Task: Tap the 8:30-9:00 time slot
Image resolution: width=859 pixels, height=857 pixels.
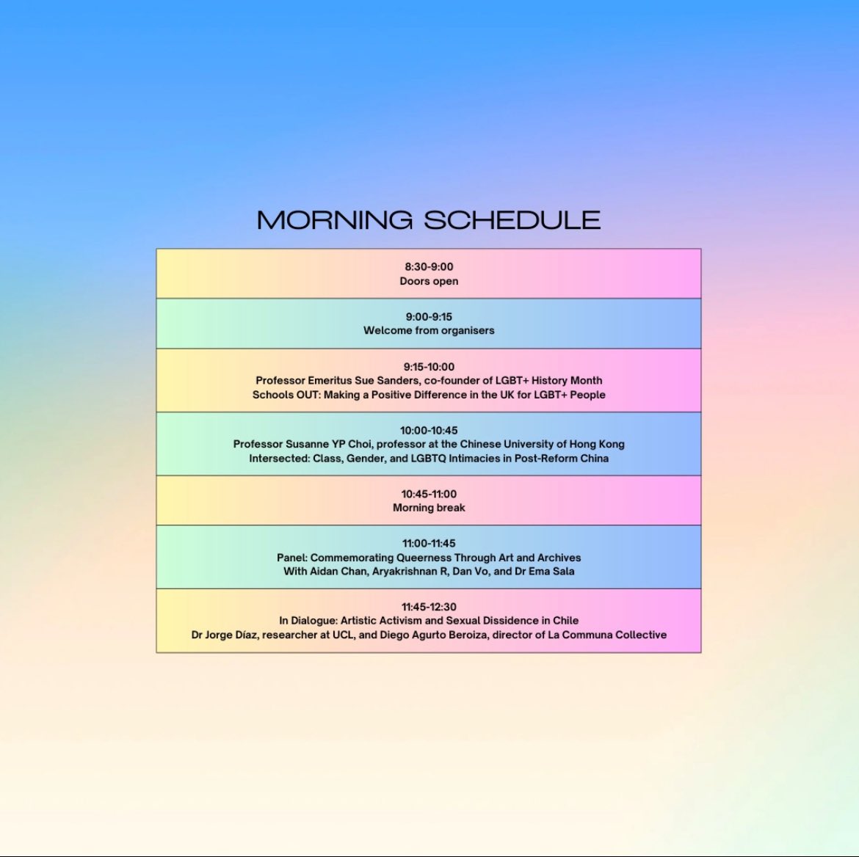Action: click(x=429, y=267)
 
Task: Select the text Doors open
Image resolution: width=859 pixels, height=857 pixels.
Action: click(x=429, y=281)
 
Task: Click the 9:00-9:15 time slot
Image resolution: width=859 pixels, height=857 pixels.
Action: click(x=429, y=317)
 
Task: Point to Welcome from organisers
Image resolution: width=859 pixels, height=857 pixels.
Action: click(x=429, y=330)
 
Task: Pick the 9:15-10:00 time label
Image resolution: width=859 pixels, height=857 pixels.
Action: click(x=429, y=367)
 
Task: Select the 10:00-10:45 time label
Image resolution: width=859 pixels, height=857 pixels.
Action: click(x=429, y=431)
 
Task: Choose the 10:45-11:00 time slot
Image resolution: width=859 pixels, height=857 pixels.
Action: click(x=429, y=494)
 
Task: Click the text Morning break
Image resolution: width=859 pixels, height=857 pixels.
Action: click(x=429, y=508)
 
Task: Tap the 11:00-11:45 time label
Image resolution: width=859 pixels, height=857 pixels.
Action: click(x=429, y=544)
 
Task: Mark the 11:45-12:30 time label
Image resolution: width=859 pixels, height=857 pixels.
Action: click(x=429, y=607)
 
